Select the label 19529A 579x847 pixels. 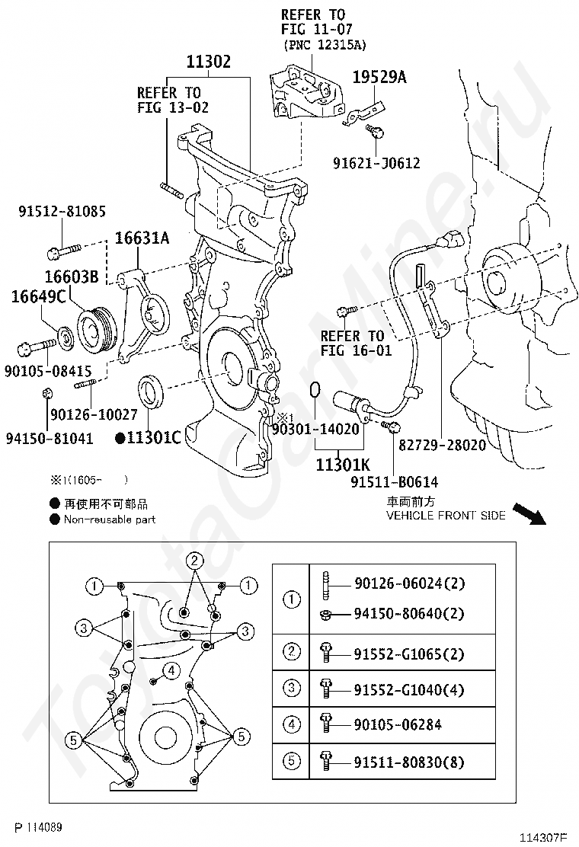click(x=379, y=77)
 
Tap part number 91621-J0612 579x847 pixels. click(x=376, y=163)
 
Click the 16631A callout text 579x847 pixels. click(x=142, y=238)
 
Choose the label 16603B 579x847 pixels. click(x=70, y=277)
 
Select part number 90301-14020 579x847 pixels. click(x=315, y=430)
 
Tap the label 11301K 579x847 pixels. click(x=343, y=464)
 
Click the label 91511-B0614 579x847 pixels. click(x=394, y=482)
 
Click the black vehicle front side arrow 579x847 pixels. click(x=529, y=514)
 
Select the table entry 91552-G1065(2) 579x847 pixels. click(x=408, y=654)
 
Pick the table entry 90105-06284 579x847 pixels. click(x=398, y=725)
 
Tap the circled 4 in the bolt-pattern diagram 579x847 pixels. click(x=171, y=670)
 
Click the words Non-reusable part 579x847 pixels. click(x=110, y=519)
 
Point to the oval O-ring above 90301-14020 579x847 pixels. click(x=315, y=393)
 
